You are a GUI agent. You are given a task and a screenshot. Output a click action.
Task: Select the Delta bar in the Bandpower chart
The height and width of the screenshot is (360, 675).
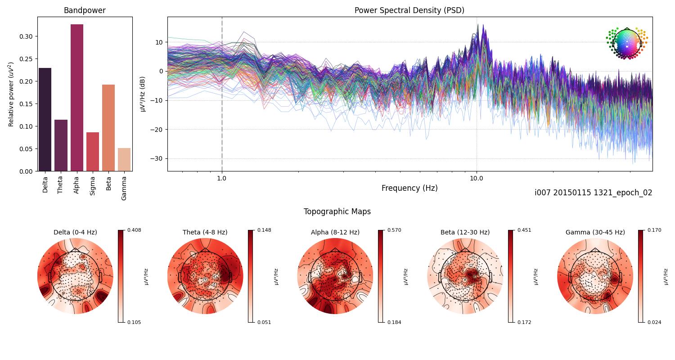pyautogui.click(x=45, y=120)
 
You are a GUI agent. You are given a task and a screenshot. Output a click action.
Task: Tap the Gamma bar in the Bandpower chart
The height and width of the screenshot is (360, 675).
pyautogui.click(x=124, y=160)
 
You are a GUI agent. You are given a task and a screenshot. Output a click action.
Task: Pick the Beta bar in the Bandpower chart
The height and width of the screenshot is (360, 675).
pyautogui.click(x=108, y=128)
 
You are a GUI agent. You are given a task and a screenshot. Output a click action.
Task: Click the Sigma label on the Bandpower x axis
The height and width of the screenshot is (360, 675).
pyautogui.click(x=93, y=186)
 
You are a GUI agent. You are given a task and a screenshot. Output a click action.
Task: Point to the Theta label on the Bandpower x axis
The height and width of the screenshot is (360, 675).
pyautogui.click(x=61, y=185)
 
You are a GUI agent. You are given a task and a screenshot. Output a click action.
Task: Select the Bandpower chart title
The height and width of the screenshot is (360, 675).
pyautogui.click(x=85, y=10)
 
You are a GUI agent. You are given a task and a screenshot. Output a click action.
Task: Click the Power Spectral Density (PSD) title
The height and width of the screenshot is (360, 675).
pyautogui.click(x=409, y=10)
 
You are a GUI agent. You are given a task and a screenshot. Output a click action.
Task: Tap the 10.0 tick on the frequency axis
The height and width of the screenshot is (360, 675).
pyautogui.click(x=477, y=178)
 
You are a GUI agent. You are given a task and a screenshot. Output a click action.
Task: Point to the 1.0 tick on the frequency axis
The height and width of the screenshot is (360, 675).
pyautogui.click(x=221, y=178)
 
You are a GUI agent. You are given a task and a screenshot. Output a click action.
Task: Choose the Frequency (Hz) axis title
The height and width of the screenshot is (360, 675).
pyautogui.click(x=409, y=188)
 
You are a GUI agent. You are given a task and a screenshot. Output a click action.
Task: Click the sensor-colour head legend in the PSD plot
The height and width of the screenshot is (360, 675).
pyautogui.click(x=626, y=43)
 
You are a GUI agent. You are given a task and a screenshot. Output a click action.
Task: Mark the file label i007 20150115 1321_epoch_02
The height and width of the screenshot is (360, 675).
pyautogui.click(x=593, y=193)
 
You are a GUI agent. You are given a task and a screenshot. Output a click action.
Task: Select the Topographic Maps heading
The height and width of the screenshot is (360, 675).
pyautogui.click(x=337, y=211)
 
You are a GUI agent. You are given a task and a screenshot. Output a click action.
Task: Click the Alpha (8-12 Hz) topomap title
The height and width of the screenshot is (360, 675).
pyautogui.click(x=335, y=232)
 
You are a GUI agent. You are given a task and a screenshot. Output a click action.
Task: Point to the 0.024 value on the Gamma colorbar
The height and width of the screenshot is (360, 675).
pyautogui.click(x=654, y=322)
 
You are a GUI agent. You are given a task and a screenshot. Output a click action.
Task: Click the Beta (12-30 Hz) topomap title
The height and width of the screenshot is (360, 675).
pyautogui.click(x=465, y=232)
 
